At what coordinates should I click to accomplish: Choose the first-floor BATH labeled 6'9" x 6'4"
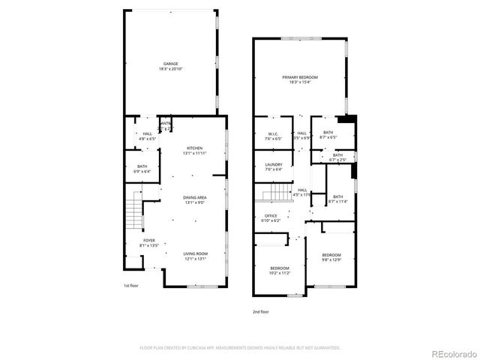pyautogui.click(x=142, y=169)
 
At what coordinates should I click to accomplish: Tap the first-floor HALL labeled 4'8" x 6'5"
pyautogui.click(x=147, y=136)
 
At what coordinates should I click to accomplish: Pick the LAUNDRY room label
pyautogui.click(x=273, y=166)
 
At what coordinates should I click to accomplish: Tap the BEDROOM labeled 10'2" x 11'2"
pyautogui.click(x=280, y=271)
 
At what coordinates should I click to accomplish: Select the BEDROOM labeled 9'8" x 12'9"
pyautogui.click(x=331, y=257)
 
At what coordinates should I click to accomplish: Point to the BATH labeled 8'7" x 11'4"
pyautogui.click(x=337, y=199)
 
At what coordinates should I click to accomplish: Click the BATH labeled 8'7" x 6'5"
pyautogui.click(x=328, y=136)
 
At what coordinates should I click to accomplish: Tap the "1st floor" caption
pyautogui.click(x=131, y=286)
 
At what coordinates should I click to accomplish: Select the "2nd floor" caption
pyautogui.click(x=260, y=311)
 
